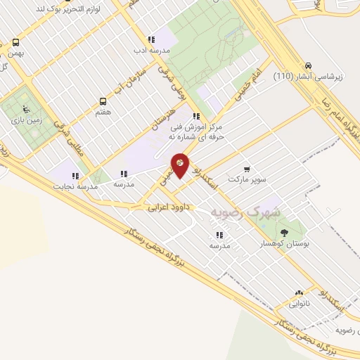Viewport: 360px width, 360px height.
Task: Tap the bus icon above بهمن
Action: click(x=15, y=42)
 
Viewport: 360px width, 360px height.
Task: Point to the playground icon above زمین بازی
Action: click(x=26, y=109)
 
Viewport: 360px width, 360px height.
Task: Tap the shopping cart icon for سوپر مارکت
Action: click(x=246, y=169)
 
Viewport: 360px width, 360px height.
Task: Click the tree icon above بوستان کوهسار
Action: click(x=284, y=233)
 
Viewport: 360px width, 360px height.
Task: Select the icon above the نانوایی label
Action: click(x=300, y=292)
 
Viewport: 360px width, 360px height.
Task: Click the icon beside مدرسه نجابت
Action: click(x=75, y=176)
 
